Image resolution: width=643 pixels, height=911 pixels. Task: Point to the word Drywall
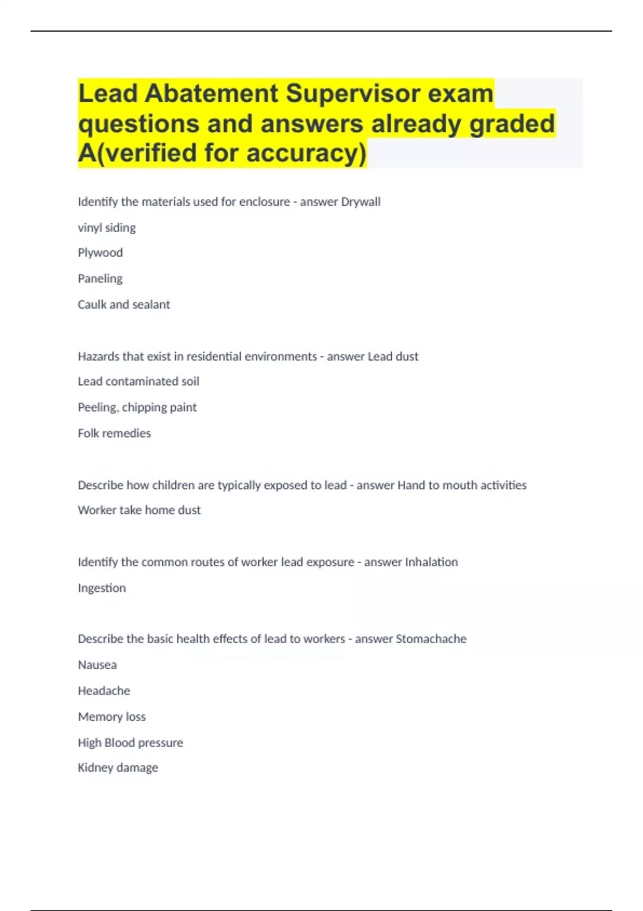(361, 202)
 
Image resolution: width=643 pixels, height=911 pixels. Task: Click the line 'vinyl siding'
(107, 228)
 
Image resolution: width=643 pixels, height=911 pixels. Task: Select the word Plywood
(100, 252)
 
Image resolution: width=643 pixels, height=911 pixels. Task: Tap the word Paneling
(100, 279)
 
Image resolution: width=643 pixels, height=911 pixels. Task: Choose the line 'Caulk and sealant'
(124, 304)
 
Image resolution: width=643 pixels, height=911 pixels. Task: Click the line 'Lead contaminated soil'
(138, 382)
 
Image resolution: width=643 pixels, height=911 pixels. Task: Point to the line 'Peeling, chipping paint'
(137, 407)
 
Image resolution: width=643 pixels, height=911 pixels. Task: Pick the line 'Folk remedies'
(114, 433)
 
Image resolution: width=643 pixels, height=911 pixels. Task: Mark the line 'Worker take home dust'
(139, 510)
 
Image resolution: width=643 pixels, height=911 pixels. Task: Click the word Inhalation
(431, 562)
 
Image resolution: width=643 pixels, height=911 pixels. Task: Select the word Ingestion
(102, 588)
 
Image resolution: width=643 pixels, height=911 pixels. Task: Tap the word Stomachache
(431, 639)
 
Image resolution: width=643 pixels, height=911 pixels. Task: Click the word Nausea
(98, 665)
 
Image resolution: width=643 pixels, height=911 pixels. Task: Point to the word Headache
(104, 691)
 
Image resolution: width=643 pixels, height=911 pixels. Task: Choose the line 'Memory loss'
(112, 716)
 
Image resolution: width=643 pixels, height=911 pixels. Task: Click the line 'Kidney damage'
(118, 768)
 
